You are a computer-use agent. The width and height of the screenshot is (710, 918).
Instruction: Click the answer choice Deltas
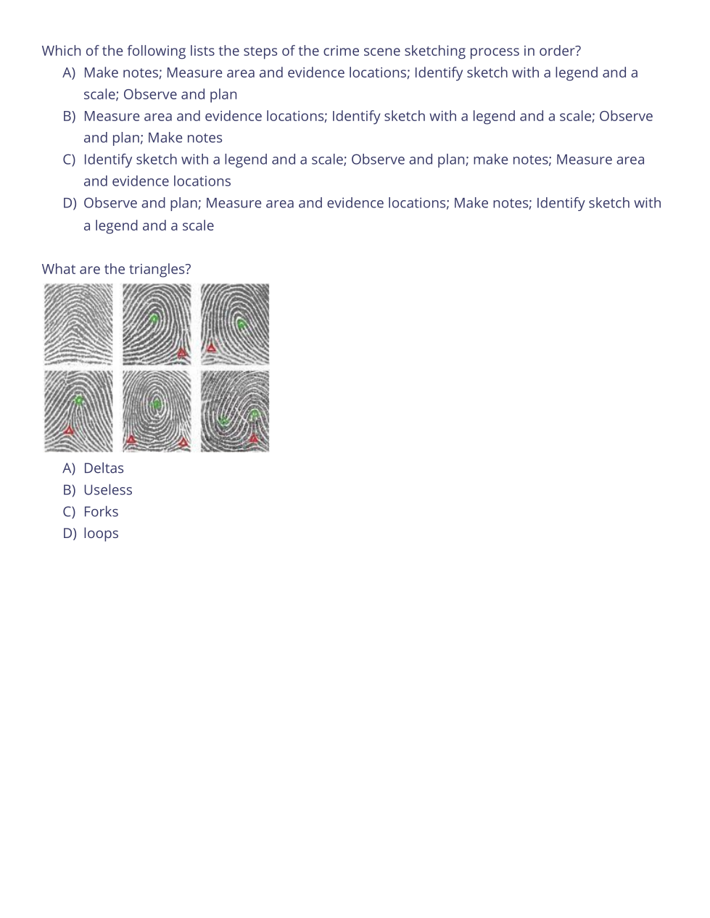click(x=104, y=468)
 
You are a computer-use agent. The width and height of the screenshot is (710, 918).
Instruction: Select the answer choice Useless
click(x=107, y=490)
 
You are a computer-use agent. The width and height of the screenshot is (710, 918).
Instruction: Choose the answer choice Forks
click(x=101, y=512)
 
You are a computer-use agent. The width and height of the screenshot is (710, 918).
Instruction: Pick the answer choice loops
click(x=101, y=534)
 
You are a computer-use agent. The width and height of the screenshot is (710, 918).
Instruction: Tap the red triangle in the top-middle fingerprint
click(x=182, y=352)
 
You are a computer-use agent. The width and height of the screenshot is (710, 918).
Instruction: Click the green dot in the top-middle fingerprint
click(x=154, y=318)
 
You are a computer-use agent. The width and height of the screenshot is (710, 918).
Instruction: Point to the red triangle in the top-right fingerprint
click(x=211, y=348)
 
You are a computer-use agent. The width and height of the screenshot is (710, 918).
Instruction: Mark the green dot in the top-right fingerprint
click(x=242, y=324)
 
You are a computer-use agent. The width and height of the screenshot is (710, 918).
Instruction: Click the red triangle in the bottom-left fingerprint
click(x=69, y=430)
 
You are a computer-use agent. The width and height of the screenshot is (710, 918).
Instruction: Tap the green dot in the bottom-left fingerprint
click(x=80, y=400)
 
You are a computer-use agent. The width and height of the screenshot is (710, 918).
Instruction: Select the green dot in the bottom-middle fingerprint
click(x=157, y=405)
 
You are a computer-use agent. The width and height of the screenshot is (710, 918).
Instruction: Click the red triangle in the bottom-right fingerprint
click(x=253, y=438)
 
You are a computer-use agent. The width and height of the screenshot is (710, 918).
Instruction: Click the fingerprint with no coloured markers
click(x=78, y=324)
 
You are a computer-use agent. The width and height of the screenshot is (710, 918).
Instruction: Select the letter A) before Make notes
click(x=69, y=73)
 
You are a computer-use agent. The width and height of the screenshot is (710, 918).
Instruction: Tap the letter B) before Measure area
click(x=69, y=116)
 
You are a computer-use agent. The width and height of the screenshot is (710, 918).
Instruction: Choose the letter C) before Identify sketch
click(x=69, y=160)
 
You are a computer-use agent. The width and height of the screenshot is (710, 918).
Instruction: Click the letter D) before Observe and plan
click(x=69, y=203)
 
